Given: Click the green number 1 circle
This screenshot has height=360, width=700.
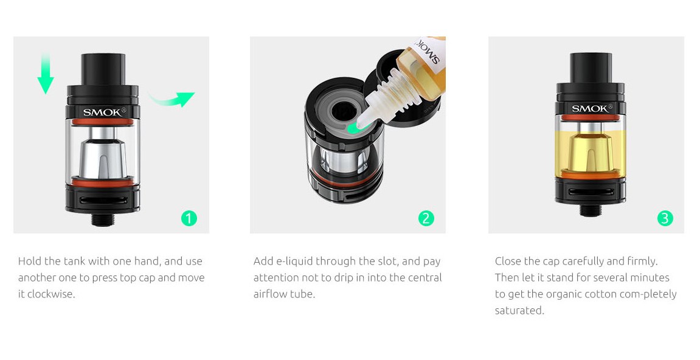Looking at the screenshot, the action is (189, 218).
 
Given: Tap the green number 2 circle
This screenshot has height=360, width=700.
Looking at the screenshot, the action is (426, 218).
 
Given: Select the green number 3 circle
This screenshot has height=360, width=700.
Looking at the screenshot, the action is (665, 218).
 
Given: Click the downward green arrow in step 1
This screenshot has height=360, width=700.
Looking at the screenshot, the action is (46, 74).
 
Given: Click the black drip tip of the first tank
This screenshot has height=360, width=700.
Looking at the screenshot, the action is (103, 69).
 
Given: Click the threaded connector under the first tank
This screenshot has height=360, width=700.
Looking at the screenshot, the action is (103, 219).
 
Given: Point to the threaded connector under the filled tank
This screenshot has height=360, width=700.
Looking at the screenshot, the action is (591, 210).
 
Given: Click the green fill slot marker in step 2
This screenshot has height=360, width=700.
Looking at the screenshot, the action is (353, 129).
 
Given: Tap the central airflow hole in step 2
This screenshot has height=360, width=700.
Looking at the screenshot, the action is (342, 109).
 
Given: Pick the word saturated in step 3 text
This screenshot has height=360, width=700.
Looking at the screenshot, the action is (519, 310).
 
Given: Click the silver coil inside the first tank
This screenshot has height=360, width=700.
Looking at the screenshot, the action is (103, 154).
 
